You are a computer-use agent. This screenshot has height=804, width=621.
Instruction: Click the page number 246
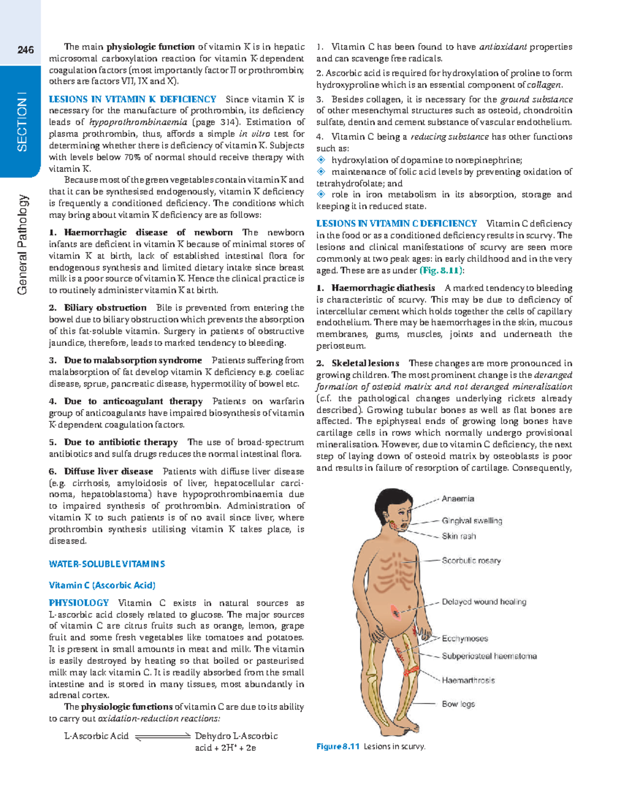pos(25,50)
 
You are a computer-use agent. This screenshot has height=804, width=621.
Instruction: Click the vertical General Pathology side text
pos(22,244)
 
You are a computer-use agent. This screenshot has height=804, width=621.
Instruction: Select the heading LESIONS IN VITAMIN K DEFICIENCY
pos(132,99)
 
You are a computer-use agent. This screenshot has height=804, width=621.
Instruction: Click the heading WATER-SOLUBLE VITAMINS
pos(107,564)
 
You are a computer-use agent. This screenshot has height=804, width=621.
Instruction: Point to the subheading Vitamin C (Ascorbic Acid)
pos(102,585)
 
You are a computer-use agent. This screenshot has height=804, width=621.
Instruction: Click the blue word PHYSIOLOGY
pos(79,603)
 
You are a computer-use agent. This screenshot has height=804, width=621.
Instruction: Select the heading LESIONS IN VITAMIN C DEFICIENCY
pos(396,224)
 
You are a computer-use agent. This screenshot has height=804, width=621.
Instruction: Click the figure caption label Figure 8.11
pos(337,747)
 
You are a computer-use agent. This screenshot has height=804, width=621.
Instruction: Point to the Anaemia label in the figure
pos(457,499)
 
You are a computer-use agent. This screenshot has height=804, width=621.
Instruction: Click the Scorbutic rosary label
pos(471,560)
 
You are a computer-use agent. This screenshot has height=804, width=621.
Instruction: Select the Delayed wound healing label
pos(484,602)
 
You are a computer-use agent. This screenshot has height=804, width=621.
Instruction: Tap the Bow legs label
pos(458,704)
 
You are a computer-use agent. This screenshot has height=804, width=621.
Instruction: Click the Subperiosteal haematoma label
pos(489,656)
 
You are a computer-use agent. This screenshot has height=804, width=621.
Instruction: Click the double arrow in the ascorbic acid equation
pos(162,736)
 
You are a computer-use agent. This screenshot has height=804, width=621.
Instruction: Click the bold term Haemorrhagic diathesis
pos(383,288)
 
